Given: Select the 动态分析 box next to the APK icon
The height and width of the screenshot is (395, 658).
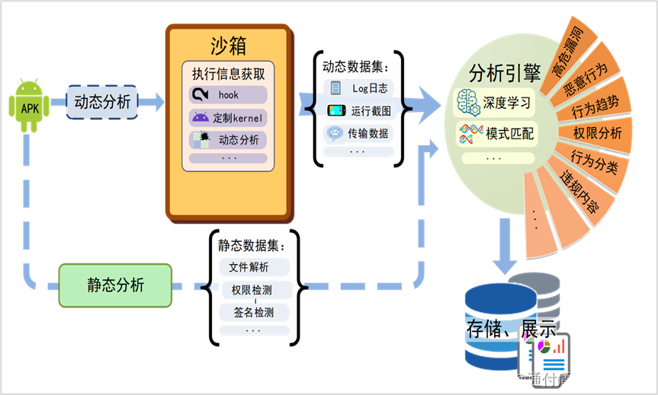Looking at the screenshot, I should pyautogui.click(x=102, y=101).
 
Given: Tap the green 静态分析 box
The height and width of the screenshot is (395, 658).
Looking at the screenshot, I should pyautogui.click(x=115, y=285).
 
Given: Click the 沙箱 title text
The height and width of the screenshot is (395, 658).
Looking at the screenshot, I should pyautogui.click(x=229, y=46).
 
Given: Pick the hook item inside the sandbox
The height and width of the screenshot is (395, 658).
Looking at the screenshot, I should pyautogui.click(x=228, y=95).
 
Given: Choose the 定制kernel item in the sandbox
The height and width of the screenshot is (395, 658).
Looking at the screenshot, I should pyautogui.click(x=228, y=118).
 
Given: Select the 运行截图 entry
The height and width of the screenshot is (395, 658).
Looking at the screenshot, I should pyautogui.click(x=360, y=111).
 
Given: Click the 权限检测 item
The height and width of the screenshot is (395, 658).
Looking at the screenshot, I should pyautogui.click(x=252, y=290).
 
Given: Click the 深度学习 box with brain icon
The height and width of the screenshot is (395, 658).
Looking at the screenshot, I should pyautogui.click(x=494, y=103).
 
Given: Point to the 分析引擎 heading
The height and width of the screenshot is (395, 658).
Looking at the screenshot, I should pyautogui.click(x=505, y=74).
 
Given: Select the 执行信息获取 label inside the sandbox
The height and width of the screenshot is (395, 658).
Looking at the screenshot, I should pyautogui.click(x=228, y=75).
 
